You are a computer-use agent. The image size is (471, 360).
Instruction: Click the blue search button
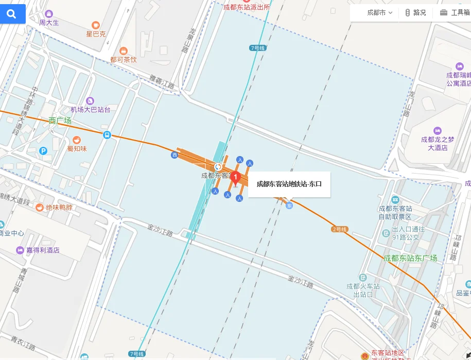point(11,14)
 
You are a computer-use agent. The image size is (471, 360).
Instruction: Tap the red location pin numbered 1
point(236,178)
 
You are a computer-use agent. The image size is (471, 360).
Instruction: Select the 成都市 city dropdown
point(379,13)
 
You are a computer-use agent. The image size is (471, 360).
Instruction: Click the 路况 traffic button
point(415,13)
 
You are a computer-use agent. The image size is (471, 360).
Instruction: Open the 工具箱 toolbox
point(455,13)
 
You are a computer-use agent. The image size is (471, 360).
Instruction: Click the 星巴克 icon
point(95,25)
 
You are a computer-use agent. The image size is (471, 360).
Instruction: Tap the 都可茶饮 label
point(124,60)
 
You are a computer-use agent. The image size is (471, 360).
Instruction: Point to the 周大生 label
point(49,23)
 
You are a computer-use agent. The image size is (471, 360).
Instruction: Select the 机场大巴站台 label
point(91,110)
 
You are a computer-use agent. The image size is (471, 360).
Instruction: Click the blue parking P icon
point(44,151)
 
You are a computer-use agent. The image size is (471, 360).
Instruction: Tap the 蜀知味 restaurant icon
point(77,140)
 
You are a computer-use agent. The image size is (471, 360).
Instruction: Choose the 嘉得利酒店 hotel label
point(43,251)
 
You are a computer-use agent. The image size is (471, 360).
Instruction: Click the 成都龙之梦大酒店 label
point(438,143)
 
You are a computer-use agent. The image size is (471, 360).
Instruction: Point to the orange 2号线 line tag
point(340,229)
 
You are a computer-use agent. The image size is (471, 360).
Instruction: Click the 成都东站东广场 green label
point(410,258)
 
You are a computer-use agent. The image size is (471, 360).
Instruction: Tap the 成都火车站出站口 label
point(363,290)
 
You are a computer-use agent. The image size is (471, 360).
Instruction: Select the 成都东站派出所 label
point(247,7)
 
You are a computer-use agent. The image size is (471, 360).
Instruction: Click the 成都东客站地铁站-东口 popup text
point(289,184)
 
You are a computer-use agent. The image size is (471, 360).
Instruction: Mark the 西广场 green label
point(60,121)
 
